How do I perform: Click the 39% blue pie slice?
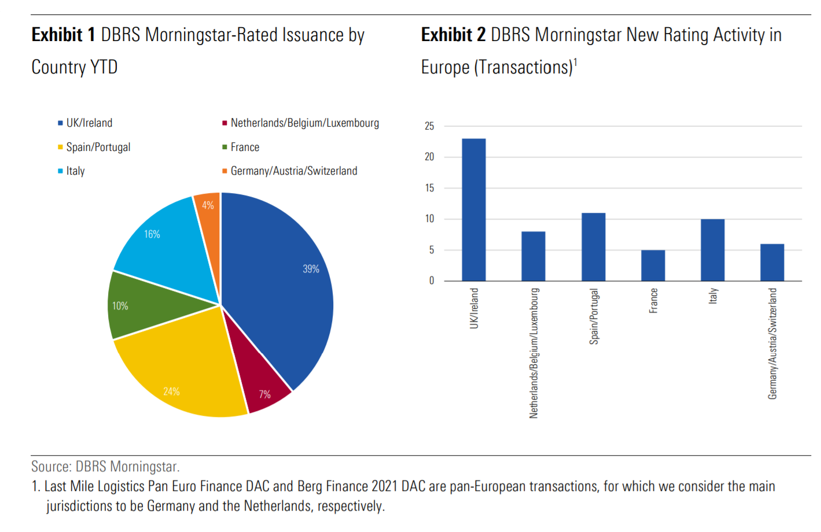pyautogui.click(x=284, y=289)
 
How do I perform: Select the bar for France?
pyautogui.click(x=653, y=265)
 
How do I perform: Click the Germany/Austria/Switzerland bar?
pyautogui.click(x=772, y=263)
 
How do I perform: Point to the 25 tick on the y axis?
pyautogui.click(x=429, y=126)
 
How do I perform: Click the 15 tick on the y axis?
pyautogui.click(x=429, y=188)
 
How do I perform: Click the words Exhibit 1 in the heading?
pyautogui.click(x=63, y=35)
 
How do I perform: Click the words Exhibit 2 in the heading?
pyautogui.click(x=453, y=35)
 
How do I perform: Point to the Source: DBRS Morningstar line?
pyautogui.click(x=105, y=467)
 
